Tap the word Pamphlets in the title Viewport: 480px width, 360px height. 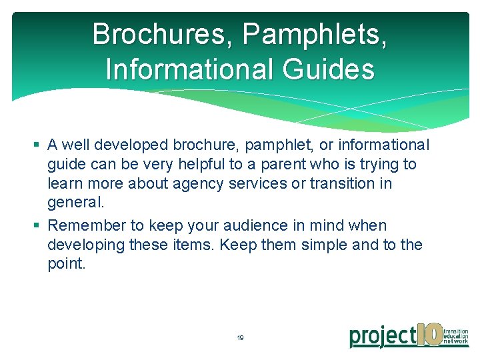[x=313, y=34]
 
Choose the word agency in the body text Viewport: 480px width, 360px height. [x=194, y=183]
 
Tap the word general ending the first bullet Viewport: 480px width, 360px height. [x=75, y=202]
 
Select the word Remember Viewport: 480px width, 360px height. [x=83, y=225]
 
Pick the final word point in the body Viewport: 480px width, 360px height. [x=67, y=264]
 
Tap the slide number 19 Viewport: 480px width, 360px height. [x=240, y=338]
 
